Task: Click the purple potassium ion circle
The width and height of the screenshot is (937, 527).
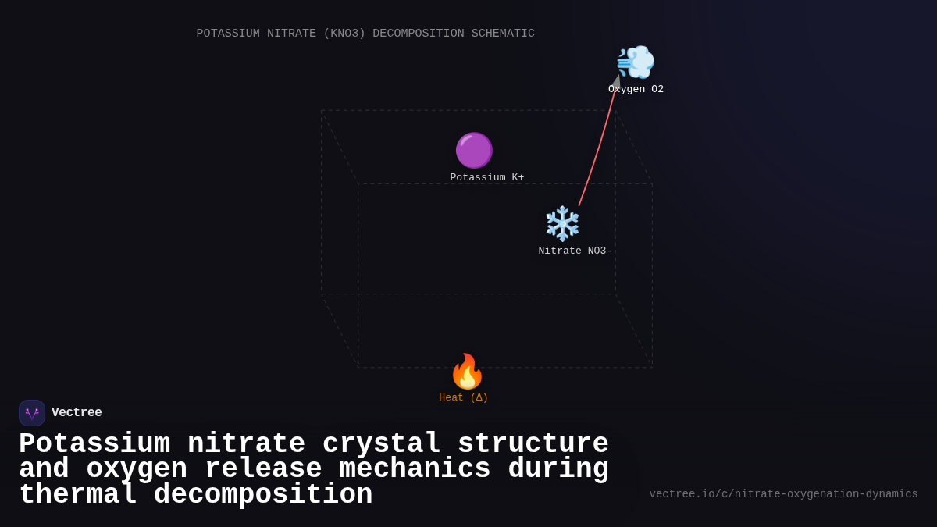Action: tap(474, 150)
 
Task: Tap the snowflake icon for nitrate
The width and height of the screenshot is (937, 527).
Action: tap(562, 224)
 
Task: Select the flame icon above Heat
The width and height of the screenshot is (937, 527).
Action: tap(467, 372)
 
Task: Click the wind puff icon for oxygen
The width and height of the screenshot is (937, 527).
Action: tap(635, 62)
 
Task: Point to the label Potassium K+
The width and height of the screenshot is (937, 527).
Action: tap(487, 178)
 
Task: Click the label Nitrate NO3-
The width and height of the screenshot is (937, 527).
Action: tap(575, 251)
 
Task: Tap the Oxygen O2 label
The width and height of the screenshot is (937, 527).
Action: tap(636, 90)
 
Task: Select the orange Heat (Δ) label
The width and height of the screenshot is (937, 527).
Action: tap(464, 398)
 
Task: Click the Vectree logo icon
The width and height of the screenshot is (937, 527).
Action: tap(32, 413)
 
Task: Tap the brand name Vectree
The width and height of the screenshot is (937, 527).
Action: tap(77, 413)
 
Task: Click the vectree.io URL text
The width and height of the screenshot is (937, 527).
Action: tap(783, 494)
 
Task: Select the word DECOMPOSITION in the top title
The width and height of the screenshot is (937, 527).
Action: tap(418, 34)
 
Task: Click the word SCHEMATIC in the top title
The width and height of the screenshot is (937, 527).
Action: tap(503, 34)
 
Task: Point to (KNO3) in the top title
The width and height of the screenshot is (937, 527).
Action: tap(344, 34)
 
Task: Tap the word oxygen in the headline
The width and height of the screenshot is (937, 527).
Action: tap(137, 469)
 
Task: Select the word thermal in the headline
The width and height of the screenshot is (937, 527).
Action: tap(77, 495)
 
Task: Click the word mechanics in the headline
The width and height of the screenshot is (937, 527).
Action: tap(415, 469)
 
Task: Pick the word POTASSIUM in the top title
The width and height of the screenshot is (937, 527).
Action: tap(228, 34)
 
